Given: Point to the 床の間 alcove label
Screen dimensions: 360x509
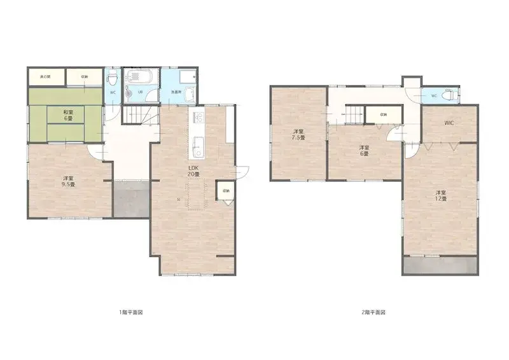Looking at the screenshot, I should [x=45, y=76].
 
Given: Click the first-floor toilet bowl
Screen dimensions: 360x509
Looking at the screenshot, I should [x=113, y=80].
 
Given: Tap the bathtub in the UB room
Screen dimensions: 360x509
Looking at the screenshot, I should [x=139, y=78].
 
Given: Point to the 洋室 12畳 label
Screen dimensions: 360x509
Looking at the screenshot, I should [x=440, y=195].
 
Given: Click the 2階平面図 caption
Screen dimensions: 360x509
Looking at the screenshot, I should [x=373, y=312].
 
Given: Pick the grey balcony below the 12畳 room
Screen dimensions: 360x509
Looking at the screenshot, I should [x=439, y=266].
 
